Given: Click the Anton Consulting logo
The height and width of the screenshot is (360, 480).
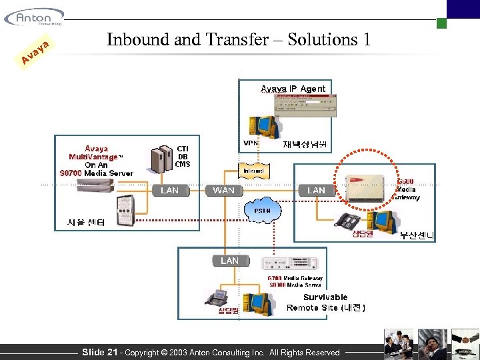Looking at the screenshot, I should (34, 16).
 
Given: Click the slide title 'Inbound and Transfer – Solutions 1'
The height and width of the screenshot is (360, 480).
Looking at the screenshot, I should (239, 39).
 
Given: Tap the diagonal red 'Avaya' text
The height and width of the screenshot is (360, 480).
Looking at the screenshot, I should (35, 55).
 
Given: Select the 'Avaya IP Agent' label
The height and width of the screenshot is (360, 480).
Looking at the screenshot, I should (293, 89).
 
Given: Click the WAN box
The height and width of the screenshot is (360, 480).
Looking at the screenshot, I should (223, 191).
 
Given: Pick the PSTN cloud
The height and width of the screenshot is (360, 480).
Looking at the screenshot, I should (262, 211).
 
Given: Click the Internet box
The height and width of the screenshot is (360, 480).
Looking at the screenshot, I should (253, 171).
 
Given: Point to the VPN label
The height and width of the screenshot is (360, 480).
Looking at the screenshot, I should (251, 143).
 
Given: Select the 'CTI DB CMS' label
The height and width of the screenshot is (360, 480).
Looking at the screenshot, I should (183, 156).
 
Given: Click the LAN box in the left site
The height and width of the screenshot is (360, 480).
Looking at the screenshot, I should (170, 191).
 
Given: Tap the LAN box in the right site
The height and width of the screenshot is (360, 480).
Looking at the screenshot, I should (316, 191).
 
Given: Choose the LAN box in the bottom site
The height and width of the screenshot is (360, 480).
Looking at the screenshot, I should (229, 261).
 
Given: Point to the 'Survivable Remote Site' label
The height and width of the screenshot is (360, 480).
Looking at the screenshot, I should (325, 302).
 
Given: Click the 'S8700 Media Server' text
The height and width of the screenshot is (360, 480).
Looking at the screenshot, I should (96, 173).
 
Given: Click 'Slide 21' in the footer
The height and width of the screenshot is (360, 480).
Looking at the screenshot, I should (99, 352).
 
